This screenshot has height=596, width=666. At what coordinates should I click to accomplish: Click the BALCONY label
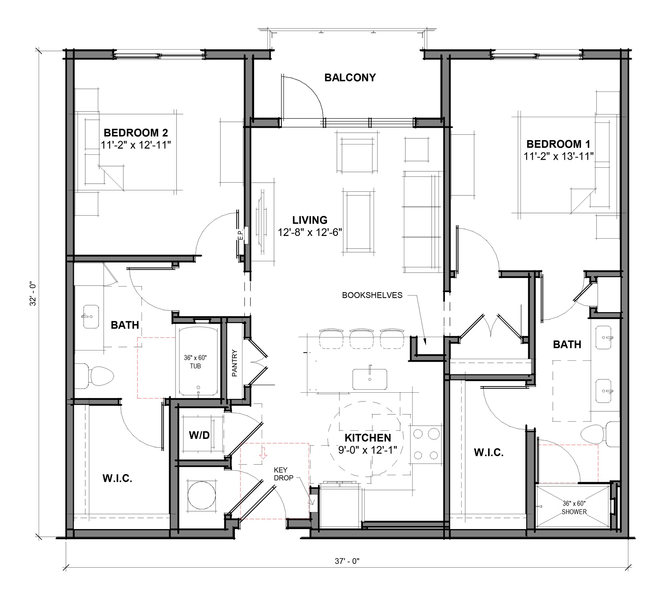tap(350, 78)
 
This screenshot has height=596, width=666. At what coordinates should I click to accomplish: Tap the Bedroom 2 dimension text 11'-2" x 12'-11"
tap(136, 145)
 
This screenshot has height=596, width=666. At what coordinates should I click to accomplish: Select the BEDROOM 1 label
tap(558, 144)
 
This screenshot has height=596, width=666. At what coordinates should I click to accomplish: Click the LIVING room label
tap(310, 220)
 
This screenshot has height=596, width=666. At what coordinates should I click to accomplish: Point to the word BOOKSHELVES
tap(372, 295)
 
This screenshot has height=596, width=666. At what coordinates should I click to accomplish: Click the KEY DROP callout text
tap(283, 474)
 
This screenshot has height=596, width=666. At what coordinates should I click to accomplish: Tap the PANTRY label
tap(235, 363)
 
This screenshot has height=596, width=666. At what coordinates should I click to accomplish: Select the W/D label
tap(199, 435)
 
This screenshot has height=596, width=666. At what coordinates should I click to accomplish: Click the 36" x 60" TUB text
tap(195, 362)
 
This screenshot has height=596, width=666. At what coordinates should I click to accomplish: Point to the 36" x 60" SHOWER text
tap(574, 508)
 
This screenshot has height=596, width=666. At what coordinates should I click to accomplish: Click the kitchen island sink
tap(370, 379)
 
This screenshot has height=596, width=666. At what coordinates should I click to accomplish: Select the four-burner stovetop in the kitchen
tap(426, 445)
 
